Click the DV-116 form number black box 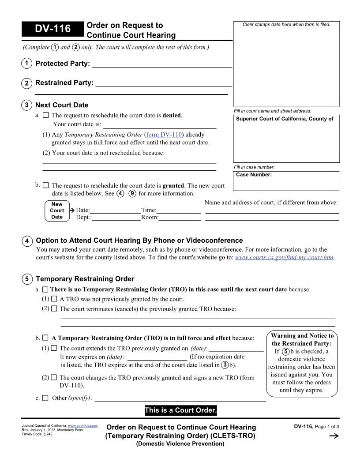pyautogui.click(x=52, y=29)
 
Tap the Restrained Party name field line pyautogui.click(x=164, y=83)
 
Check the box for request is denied pyautogui.click(x=46, y=116)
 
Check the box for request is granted pyautogui.click(x=46, y=186)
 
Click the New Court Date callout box pyautogui.click(x=57, y=211)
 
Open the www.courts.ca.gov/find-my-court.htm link pyautogui.click(x=285, y=257)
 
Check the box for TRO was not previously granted pyautogui.click(x=54, y=299)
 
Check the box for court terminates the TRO pyautogui.click(x=54, y=309)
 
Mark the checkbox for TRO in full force pyautogui.click(x=45, y=338)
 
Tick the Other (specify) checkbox pyautogui.click(x=45, y=398)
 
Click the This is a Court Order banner pyautogui.click(x=180, y=410)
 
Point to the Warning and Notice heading pyautogui.click(x=302, y=339)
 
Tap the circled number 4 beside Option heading pyautogui.click(x=27, y=241)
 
